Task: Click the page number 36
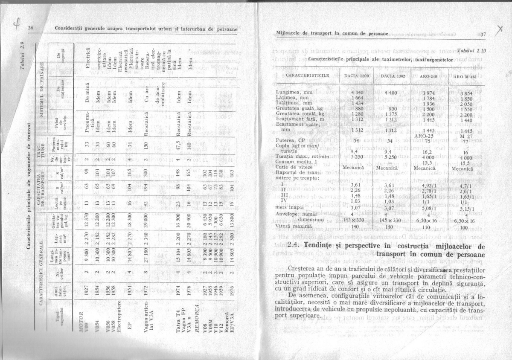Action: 30,28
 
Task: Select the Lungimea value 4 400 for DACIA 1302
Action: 391,92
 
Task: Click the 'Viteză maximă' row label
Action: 291,227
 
